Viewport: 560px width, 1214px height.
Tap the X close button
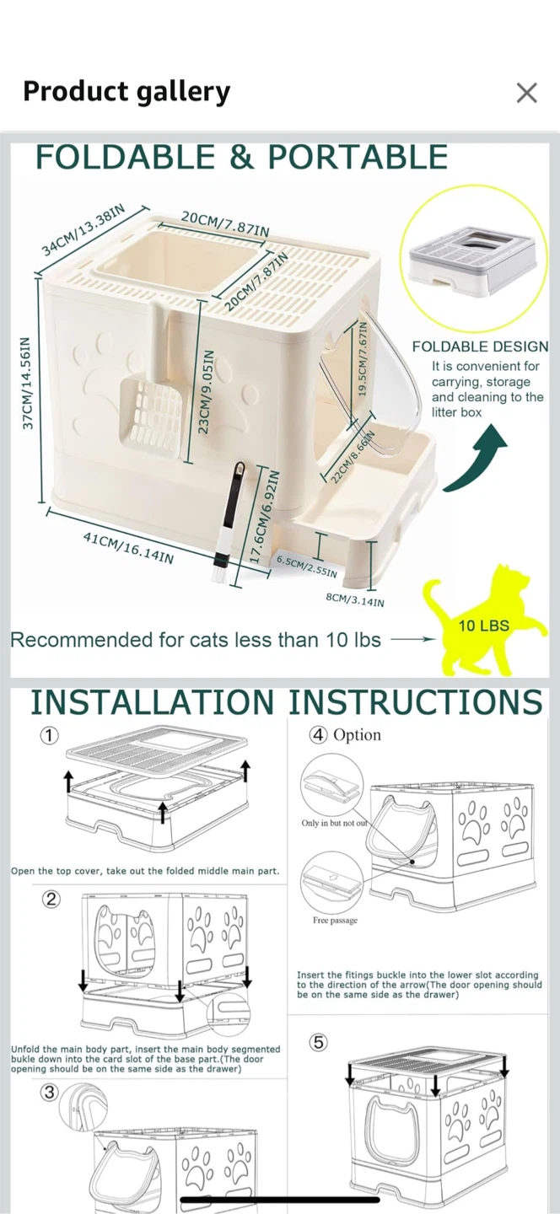(x=526, y=93)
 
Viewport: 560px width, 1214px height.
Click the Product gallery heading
(x=127, y=92)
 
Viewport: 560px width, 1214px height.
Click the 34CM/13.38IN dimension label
(x=84, y=230)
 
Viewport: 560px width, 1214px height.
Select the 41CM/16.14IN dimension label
(x=128, y=547)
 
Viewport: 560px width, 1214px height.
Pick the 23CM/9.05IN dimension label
(x=205, y=391)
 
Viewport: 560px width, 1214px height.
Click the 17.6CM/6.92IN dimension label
(x=267, y=517)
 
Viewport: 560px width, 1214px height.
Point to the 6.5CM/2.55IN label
(x=307, y=567)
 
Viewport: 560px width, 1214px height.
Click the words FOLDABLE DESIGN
(x=481, y=346)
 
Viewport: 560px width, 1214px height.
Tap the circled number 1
(x=49, y=735)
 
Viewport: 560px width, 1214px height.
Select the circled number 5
(x=319, y=1042)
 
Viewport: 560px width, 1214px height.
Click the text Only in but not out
(x=335, y=823)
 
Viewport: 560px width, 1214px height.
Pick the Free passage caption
(x=335, y=920)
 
